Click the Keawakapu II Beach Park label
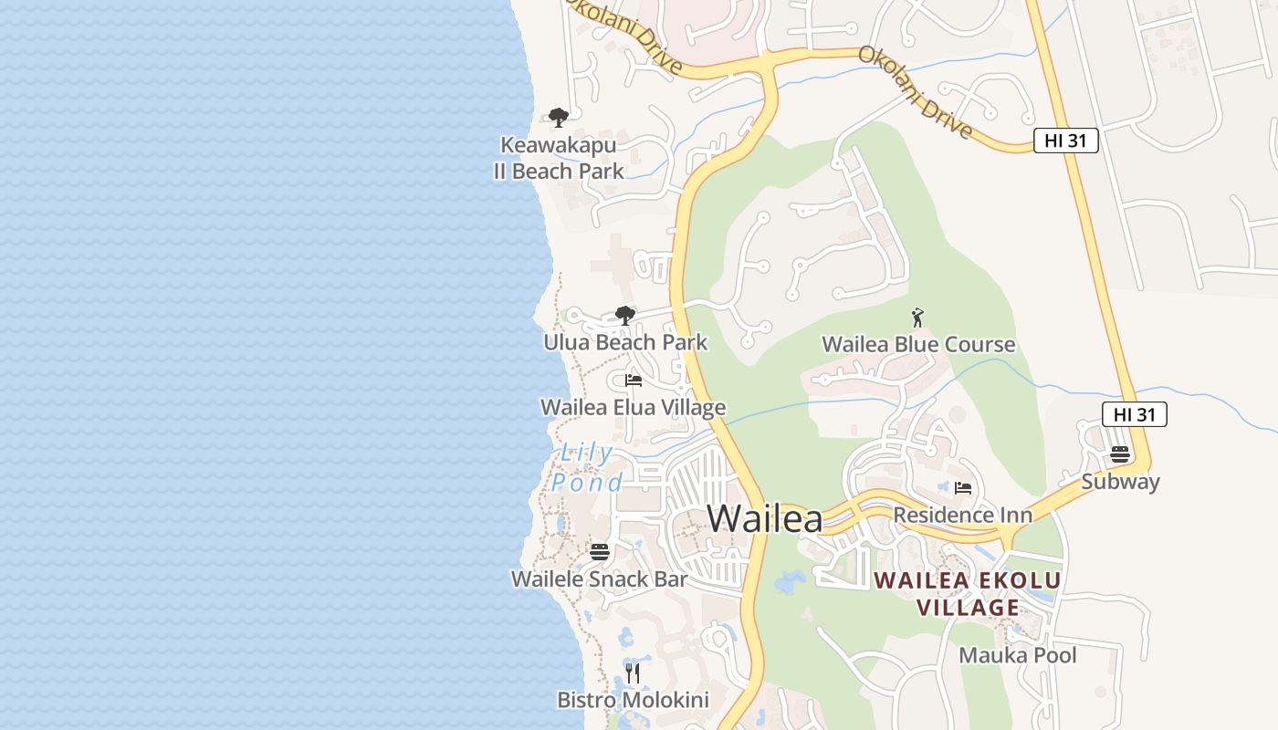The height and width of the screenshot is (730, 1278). [559, 158]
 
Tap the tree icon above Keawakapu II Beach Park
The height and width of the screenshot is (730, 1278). [559, 117]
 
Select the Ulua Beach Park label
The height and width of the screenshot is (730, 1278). [625, 343]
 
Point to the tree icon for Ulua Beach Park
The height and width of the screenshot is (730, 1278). [625, 316]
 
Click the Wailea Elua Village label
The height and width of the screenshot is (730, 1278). [634, 407]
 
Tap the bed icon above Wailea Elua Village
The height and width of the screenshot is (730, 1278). [634, 381]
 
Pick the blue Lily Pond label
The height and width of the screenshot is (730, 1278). [587, 467]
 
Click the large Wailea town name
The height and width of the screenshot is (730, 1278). [765, 518]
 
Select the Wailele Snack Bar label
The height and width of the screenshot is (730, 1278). [599, 579]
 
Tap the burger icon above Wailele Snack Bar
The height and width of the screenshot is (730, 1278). [599, 551]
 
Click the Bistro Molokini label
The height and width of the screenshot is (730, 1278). [633, 700]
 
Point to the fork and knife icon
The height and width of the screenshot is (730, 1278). [632, 673]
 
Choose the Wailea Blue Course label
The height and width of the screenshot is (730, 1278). [918, 344]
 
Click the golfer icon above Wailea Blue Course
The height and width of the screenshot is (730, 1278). [917, 318]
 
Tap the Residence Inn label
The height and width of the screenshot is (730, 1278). [962, 515]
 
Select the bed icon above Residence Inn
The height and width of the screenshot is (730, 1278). [963, 488]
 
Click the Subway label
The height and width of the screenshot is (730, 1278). [1120, 481]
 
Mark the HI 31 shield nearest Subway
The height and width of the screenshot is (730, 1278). [1135, 414]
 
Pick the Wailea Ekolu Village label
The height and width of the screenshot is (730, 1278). [968, 594]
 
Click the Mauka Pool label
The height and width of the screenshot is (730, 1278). [1017, 655]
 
